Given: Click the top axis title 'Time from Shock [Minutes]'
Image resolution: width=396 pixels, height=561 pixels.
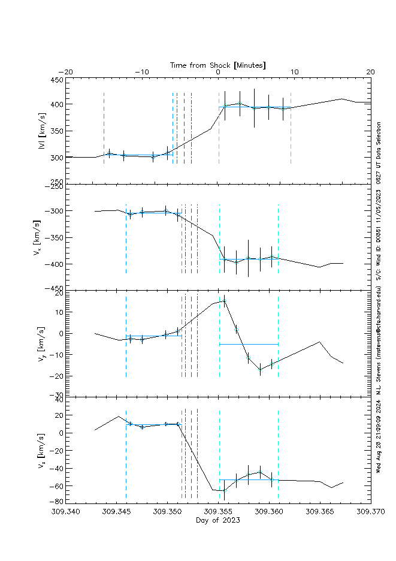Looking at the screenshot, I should [x=218, y=65].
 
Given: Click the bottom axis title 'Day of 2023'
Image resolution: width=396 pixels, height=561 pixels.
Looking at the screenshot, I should [x=218, y=520].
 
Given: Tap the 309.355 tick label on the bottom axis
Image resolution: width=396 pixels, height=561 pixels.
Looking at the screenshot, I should [x=218, y=512].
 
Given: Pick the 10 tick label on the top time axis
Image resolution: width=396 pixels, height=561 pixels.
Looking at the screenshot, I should [x=294, y=72].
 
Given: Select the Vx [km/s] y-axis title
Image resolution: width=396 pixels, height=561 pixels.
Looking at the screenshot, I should [x=42, y=237].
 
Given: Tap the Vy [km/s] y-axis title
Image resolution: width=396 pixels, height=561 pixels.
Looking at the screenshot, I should [x=42, y=342].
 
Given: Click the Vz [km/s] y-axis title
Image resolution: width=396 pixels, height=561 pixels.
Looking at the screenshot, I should [x=42, y=449].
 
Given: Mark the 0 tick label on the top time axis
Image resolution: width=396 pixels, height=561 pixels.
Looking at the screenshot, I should [x=218, y=72].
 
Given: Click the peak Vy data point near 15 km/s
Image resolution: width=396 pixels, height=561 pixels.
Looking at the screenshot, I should [x=225, y=301].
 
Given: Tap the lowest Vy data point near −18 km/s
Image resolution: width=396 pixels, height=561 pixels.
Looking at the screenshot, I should [x=260, y=370].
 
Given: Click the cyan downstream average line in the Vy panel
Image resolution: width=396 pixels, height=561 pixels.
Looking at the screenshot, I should [x=249, y=344].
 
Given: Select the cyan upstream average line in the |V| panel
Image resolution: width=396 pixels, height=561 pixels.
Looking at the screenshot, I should [x=138, y=155].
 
